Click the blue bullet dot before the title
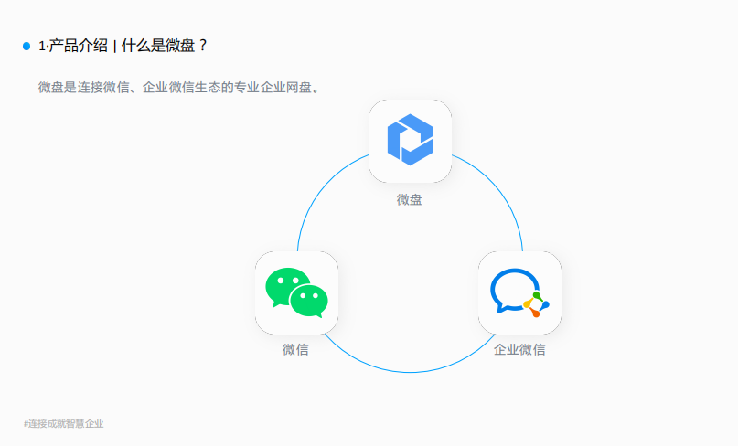click(27, 46)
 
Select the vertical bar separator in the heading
click(114, 46)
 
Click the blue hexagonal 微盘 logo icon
click(410, 141)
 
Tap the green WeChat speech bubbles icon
click(296, 292)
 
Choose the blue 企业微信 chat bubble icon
click(519, 292)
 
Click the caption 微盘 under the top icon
click(410, 199)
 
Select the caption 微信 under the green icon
click(295, 350)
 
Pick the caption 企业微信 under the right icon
click(519, 350)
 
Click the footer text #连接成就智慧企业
click(64, 424)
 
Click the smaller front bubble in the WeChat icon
click(309, 299)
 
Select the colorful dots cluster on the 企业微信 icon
click(536, 304)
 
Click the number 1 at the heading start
click(42, 46)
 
